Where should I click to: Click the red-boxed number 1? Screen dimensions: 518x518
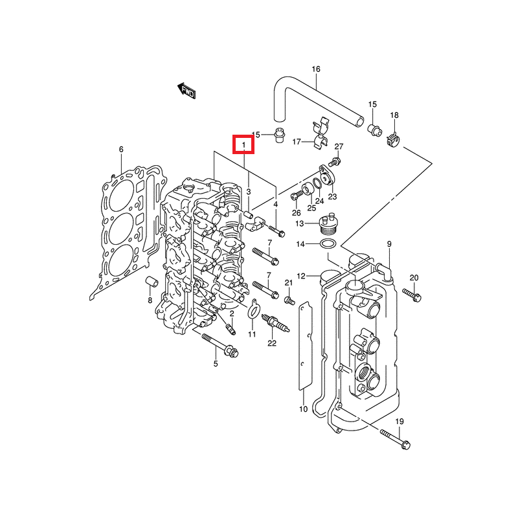[x=244, y=143]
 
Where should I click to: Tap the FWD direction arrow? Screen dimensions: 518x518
[x=187, y=91]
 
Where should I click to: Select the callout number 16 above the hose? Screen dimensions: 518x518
[x=316, y=69]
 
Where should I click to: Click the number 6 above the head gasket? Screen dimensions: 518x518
[x=121, y=150]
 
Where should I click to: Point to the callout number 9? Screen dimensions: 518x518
[x=390, y=243]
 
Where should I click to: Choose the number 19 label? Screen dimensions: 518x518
[x=399, y=422]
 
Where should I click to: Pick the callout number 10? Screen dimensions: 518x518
[x=303, y=409]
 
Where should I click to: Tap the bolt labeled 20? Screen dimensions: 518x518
[x=412, y=295]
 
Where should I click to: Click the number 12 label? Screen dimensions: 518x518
[x=301, y=276]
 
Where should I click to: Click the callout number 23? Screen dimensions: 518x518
[x=332, y=196]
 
